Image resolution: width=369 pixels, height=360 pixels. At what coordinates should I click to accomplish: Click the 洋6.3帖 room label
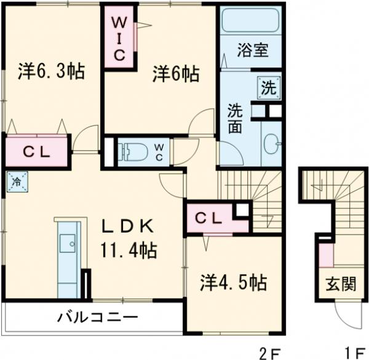[50, 72]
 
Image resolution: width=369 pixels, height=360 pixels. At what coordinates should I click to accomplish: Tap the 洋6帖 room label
[176, 74]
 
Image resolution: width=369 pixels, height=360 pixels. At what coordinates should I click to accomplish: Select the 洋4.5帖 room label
[233, 283]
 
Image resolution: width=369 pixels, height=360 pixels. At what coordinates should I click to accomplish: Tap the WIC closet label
[119, 38]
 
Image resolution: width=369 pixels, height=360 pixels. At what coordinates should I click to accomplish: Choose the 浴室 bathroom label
[253, 49]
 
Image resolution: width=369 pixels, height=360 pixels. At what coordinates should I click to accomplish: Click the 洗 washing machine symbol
[269, 87]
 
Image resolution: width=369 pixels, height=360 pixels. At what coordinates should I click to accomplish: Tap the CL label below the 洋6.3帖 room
[36, 152]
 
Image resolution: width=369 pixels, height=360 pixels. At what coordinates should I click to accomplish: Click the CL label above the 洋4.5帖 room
[210, 218]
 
